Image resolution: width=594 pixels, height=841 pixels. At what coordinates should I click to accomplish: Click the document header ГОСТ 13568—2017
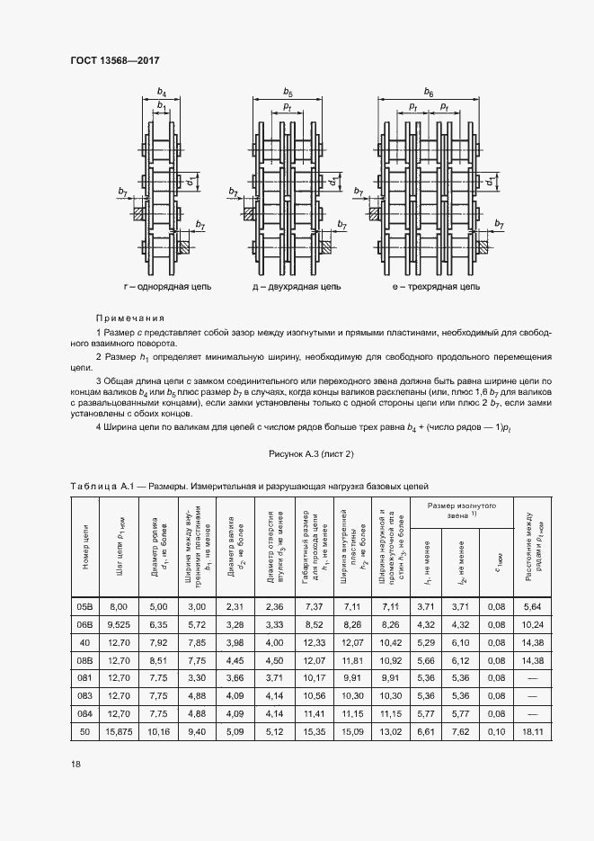[x=109, y=59]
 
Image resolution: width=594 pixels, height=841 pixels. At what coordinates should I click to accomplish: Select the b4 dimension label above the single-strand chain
[x=162, y=92]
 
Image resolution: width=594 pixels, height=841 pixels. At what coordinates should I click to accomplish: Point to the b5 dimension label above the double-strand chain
[x=288, y=92]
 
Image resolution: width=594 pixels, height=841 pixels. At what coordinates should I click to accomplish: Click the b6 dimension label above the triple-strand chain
[x=429, y=92]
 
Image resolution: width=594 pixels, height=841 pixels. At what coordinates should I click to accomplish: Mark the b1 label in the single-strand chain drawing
[x=162, y=105]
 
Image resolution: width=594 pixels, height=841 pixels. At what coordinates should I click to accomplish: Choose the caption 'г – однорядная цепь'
[x=168, y=286]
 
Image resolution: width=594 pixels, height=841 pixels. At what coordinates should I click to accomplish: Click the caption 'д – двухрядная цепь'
[x=296, y=286]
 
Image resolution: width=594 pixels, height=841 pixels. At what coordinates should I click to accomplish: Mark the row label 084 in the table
[x=85, y=716]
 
